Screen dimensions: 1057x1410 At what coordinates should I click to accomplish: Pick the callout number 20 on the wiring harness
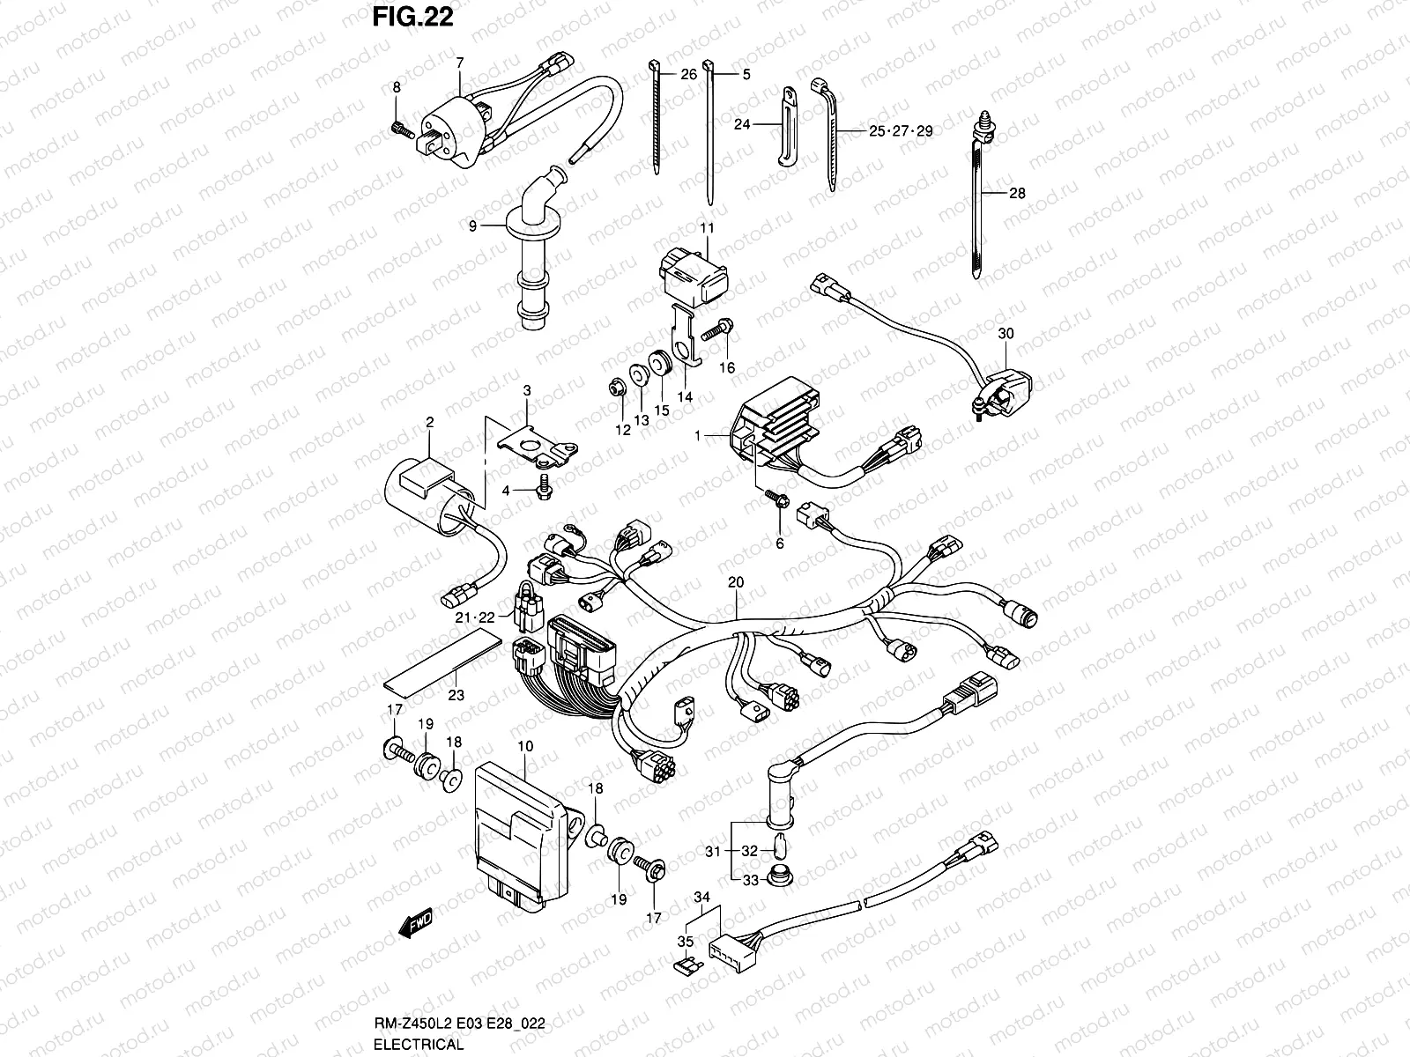pyautogui.click(x=736, y=582)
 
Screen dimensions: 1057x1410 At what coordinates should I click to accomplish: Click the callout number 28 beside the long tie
pyautogui.click(x=1017, y=194)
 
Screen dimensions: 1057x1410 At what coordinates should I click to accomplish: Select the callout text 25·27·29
pyautogui.click(x=900, y=131)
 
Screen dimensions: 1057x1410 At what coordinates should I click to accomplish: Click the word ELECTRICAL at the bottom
pyautogui.click(x=419, y=1045)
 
